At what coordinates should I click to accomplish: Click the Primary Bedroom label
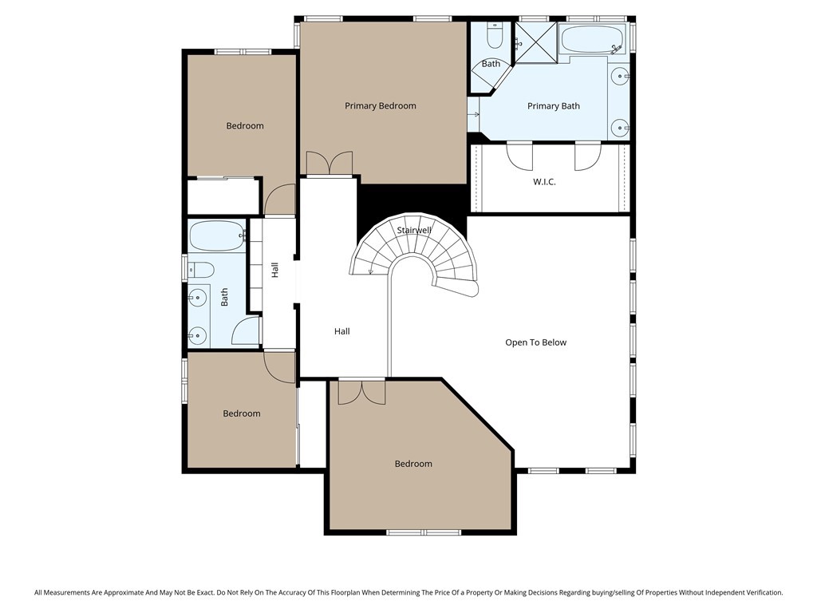380,105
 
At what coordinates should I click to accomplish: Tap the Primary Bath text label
554,105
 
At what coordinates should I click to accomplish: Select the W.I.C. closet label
544,182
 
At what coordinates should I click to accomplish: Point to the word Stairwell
414,231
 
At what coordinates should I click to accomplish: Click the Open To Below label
535,342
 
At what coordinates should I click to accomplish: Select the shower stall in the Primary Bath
535,42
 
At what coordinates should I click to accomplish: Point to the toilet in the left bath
201,269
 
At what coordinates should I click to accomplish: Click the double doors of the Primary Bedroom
328,164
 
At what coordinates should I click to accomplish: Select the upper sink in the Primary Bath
620,77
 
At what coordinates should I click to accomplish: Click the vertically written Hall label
274,270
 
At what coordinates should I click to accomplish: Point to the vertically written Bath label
224,297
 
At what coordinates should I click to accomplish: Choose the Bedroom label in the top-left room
244,125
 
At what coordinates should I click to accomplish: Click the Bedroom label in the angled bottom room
413,464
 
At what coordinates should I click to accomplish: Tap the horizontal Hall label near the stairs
341,331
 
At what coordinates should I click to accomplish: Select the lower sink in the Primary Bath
620,127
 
